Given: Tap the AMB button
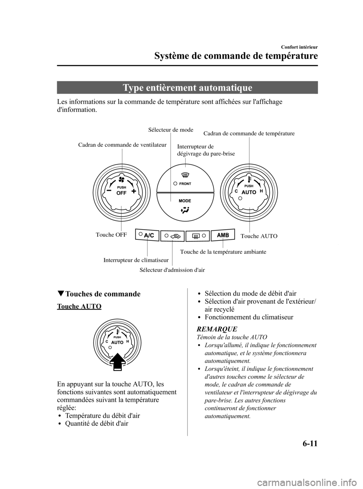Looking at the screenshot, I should (x=223, y=235).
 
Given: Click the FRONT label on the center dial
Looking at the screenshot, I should (x=185, y=184).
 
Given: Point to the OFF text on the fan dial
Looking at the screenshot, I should (x=121, y=193).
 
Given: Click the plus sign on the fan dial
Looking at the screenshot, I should (x=133, y=191).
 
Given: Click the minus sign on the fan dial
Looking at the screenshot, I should (x=109, y=191).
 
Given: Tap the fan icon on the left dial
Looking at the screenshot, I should (x=121, y=180).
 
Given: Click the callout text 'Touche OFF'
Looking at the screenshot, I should (x=111, y=235).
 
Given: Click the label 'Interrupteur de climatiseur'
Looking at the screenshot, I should (x=136, y=260).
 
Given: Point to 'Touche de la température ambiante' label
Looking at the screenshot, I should (x=223, y=251).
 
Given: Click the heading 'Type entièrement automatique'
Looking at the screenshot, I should (x=188, y=88).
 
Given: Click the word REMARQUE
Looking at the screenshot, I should (x=214, y=329).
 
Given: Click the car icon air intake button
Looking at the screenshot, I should (x=173, y=236).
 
